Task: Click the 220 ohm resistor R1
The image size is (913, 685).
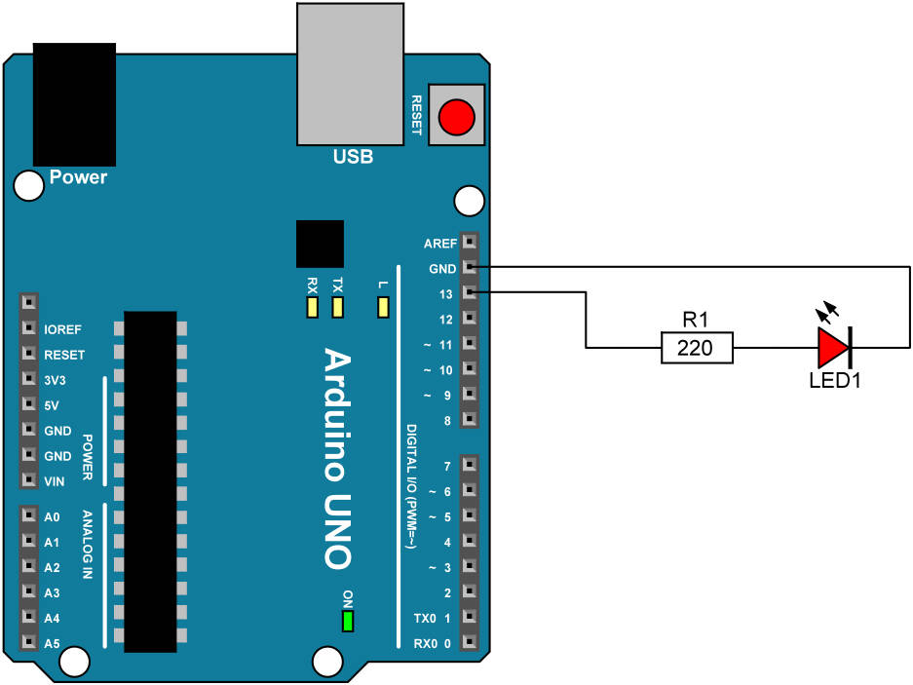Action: tap(696, 347)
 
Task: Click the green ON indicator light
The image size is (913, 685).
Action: tap(347, 621)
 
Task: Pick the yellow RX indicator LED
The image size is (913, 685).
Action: tap(312, 308)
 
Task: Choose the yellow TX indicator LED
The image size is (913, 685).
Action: tap(338, 308)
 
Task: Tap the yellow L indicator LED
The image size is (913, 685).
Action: tap(383, 308)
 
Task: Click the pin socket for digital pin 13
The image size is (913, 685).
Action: tap(469, 292)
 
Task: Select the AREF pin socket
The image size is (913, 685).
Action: tap(469, 242)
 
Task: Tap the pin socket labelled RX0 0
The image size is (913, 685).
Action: tap(469, 643)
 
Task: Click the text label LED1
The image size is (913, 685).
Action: tap(835, 380)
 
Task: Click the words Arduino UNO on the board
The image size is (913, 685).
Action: tap(336, 458)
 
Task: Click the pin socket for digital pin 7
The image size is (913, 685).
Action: tap(469, 466)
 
